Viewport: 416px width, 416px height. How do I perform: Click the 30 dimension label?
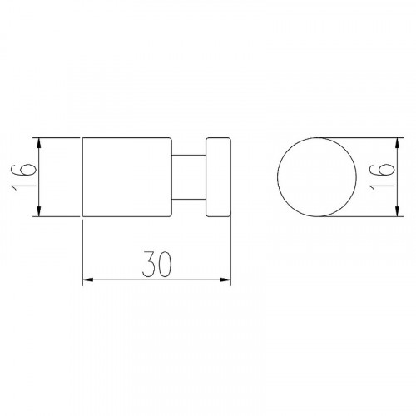click(x=156, y=265)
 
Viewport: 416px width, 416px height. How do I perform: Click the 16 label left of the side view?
click(x=23, y=176)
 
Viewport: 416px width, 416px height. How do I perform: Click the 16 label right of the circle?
click(x=382, y=176)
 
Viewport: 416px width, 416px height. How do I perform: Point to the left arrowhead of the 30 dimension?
click(x=87, y=280)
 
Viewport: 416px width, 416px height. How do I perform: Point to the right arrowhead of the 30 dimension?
click(x=225, y=280)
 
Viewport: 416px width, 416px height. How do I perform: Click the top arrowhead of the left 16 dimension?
click(x=39, y=142)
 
